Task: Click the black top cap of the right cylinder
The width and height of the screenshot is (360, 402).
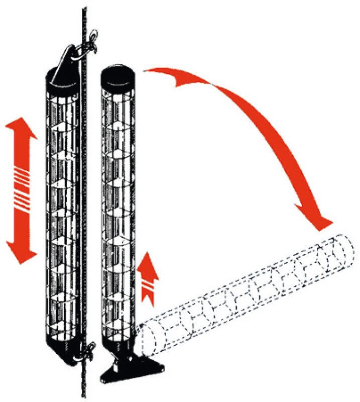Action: pyautogui.click(x=119, y=75)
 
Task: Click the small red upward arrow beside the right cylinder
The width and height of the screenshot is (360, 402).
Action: pyautogui.click(x=148, y=276)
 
